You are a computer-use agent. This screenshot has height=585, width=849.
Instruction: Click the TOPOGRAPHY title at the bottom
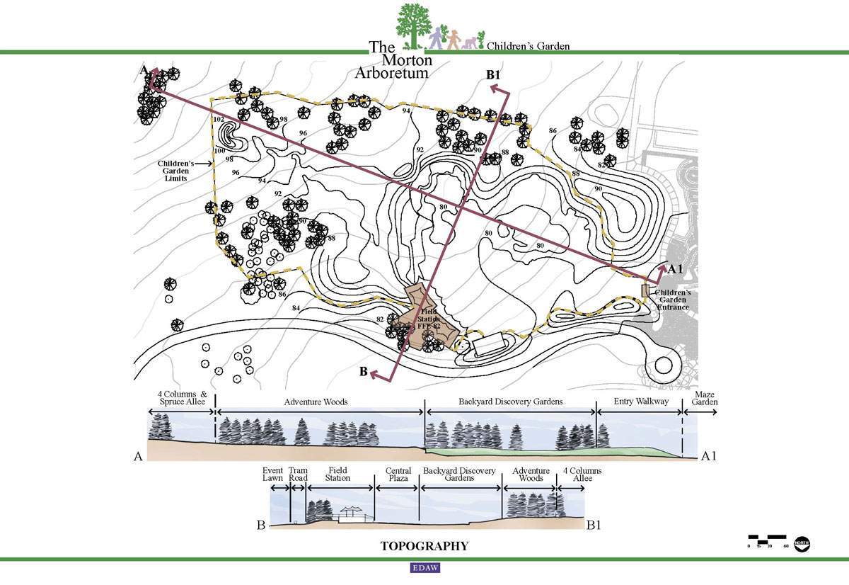point(424,546)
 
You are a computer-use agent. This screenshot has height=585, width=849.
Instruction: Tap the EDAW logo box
point(424,567)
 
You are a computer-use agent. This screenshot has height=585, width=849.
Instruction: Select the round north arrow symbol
point(802,543)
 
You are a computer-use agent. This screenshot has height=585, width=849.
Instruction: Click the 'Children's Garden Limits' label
point(175,171)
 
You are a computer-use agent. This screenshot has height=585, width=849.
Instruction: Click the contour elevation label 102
point(219,119)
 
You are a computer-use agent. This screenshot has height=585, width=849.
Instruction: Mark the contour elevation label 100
point(219,150)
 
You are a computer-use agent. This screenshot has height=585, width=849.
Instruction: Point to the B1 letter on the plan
point(492,74)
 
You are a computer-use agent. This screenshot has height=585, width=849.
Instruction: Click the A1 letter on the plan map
point(675,269)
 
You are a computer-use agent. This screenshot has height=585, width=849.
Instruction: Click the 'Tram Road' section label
point(298,475)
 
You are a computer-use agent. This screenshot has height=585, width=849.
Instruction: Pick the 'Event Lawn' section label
point(273,475)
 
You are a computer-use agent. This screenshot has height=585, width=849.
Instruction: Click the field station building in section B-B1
point(355,517)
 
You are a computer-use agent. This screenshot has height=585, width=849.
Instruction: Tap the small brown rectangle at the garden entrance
point(645,290)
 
